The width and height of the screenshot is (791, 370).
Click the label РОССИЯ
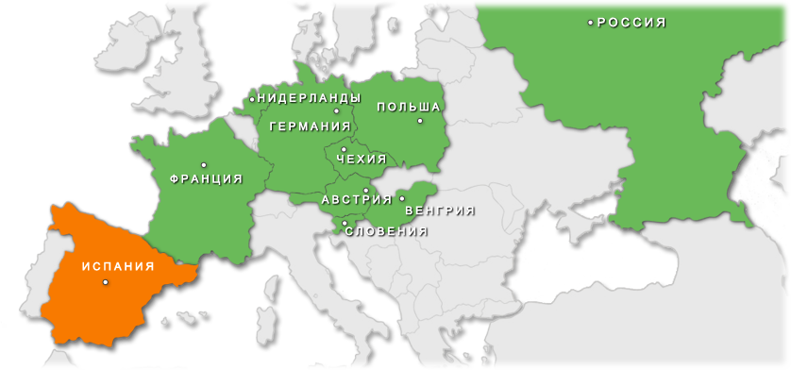[632, 22]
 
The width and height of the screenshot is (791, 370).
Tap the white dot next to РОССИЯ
[591, 22]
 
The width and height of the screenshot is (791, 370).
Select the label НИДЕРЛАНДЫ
[309, 97]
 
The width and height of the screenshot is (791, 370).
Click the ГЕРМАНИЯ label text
[310, 126]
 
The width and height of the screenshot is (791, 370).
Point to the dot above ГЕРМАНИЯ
[336, 111]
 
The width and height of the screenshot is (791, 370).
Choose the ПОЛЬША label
[409, 107]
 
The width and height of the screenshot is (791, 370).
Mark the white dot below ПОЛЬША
[420, 120]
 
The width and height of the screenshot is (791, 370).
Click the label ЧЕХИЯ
[362, 159]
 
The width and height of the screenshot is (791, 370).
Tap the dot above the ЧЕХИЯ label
[344, 149]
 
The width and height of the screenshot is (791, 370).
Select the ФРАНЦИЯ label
[206, 177]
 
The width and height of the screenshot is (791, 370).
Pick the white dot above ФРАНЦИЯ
[204, 165]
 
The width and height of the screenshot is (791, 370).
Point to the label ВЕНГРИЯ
[439, 210]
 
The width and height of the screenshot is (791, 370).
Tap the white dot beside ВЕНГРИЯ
[402, 198]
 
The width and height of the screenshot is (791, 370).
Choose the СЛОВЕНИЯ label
[386, 230]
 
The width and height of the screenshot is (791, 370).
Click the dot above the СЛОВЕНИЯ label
[345, 223]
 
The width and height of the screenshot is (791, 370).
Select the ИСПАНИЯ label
[117, 266]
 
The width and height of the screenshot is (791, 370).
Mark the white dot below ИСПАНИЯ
[105, 281]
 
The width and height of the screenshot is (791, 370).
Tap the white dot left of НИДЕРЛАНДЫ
[253, 97]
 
